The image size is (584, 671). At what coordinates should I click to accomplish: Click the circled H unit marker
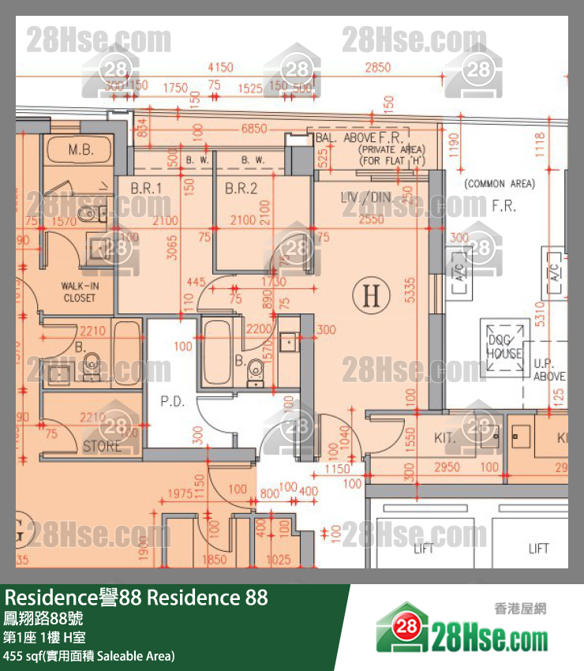[376, 296]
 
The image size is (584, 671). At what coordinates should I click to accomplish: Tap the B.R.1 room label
[146, 188]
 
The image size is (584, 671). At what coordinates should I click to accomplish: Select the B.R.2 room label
[241, 188]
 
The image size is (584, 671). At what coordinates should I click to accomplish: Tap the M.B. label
[80, 150]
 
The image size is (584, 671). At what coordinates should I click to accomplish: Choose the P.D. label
[171, 401]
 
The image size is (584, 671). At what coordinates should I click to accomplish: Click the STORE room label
[102, 446]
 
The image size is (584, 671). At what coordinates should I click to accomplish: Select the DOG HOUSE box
[504, 343]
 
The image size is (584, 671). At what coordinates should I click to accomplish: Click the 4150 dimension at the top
[219, 68]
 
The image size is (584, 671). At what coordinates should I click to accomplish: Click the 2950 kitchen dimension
[447, 467]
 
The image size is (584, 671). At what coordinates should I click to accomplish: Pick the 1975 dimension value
[180, 494]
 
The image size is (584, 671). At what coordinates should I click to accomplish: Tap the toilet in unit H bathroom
[255, 369]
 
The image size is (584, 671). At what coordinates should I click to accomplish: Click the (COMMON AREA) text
[499, 183]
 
